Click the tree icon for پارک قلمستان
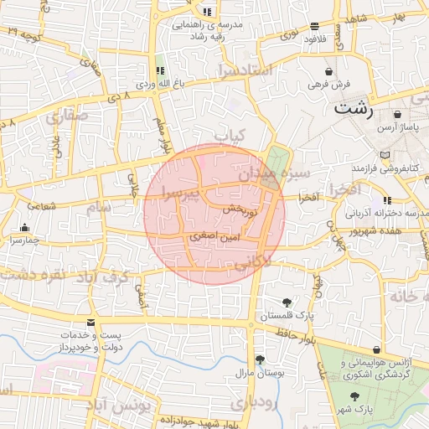287,302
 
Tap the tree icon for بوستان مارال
260,359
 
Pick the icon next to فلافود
315,26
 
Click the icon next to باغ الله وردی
159,70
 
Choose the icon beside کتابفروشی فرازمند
385,155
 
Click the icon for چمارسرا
24,227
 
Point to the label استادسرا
245,69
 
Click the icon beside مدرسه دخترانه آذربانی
386,200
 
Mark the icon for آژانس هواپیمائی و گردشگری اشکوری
375,349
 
